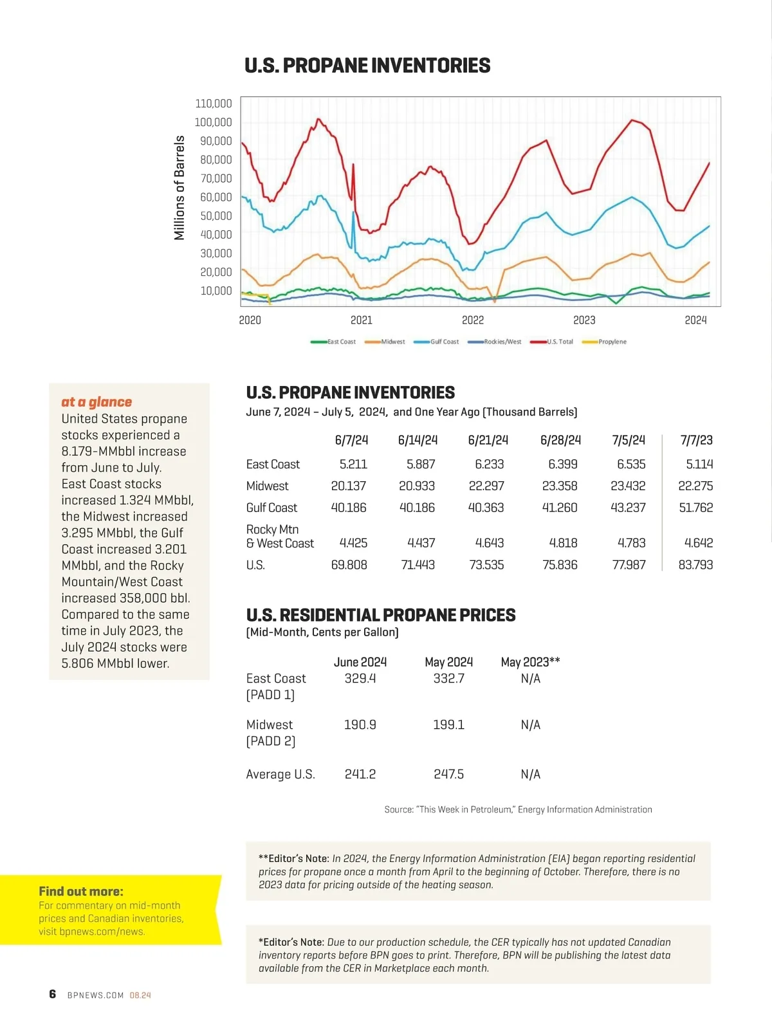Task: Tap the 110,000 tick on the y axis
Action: click(x=214, y=104)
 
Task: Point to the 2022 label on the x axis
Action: click(x=473, y=320)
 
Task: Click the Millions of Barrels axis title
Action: click(x=179, y=188)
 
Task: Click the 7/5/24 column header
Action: click(x=629, y=440)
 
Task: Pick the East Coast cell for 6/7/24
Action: click(x=353, y=464)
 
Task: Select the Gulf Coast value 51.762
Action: click(x=695, y=508)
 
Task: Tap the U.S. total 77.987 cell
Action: click(x=629, y=565)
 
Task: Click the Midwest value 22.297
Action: click(x=486, y=486)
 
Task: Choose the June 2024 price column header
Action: click(x=360, y=662)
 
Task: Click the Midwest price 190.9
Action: click(x=360, y=724)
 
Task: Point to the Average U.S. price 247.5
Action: click(x=448, y=774)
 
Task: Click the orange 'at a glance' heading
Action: click(x=96, y=402)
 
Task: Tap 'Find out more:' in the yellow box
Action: click(x=81, y=891)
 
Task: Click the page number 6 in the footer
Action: click(x=53, y=994)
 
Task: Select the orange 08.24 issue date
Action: click(x=140, y=995)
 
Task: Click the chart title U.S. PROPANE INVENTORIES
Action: click(x=367, y=66)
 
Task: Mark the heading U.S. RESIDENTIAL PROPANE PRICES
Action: click(x=381, y=615)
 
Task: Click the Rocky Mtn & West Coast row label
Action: click(x=280, y=537)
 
